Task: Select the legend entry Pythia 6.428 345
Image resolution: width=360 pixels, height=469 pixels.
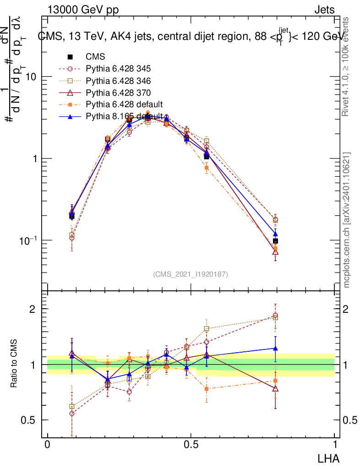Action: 118,69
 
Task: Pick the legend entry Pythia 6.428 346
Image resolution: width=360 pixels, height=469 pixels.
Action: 118,81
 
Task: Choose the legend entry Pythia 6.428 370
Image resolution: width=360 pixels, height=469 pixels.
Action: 118,93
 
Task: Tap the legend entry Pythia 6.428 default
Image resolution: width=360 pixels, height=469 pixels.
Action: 124,104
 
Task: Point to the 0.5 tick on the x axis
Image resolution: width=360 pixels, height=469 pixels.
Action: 191,445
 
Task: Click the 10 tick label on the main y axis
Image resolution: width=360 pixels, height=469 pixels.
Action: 31,77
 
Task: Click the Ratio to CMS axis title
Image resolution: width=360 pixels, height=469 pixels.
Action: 14,364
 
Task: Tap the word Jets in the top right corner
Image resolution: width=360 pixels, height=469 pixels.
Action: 324,10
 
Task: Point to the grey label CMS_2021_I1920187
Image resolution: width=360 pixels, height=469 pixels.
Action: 191,274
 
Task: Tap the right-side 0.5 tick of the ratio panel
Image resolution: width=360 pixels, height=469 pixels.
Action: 349,420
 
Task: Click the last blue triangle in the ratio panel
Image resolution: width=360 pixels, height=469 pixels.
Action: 275,349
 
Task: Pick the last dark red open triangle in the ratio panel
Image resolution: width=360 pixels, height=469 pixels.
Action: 275,388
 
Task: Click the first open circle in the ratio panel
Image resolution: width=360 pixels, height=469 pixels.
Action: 72,413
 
